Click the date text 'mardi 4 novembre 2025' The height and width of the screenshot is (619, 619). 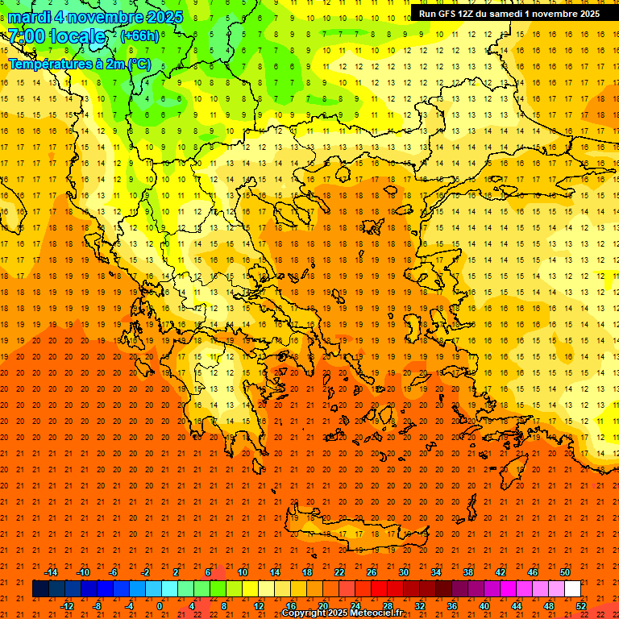point(95,17)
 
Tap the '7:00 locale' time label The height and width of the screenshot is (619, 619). point(56,36)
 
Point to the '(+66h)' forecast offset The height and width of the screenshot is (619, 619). point(139,36)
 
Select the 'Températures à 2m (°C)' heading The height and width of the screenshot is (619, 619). point(79,63)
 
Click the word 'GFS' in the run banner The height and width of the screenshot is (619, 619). point(450,14)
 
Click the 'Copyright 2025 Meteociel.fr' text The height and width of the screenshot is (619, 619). point(342,613)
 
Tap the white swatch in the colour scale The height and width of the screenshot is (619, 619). point(572,589)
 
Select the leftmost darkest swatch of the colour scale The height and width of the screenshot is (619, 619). point(40,589)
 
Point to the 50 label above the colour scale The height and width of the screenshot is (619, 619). point(564,572)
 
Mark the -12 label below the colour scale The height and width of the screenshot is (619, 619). point(67,606)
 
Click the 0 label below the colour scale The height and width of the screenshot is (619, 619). point(160,606)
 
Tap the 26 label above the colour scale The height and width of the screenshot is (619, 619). point(372,572)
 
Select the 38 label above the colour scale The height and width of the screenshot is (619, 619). point(468,572)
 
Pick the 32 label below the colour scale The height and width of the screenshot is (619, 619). point(420,606)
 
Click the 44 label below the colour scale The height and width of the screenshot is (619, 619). point(517,606)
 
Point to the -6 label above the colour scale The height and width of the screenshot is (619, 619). point(114,572)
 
